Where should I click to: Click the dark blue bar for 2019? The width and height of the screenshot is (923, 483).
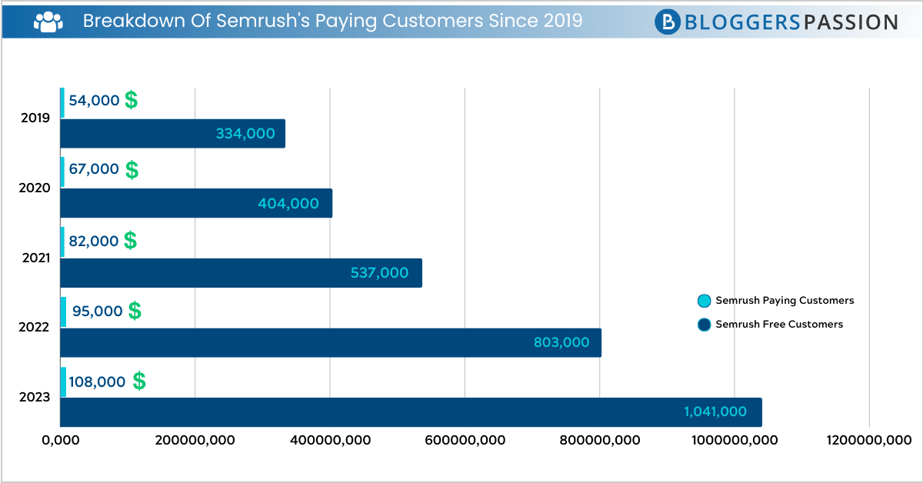(172, 134)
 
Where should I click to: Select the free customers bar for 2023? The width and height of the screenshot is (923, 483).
(411, 412)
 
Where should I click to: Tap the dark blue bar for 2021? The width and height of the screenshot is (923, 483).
(241, 273)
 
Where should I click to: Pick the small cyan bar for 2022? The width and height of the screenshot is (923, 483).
(63, 311)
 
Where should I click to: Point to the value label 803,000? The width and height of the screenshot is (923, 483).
(561, 343)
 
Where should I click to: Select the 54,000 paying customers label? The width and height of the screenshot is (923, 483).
(94, 100)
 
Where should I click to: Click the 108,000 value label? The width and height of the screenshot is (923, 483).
(97, 381)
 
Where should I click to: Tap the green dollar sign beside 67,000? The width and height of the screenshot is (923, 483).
(132, 170)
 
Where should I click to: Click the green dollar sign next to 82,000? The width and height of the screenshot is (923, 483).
(131, 241)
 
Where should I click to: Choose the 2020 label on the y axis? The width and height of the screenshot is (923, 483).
(35, 188)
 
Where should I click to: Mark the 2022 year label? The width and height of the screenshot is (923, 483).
(35, 327)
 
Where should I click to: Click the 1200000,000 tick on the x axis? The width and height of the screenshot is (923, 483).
(869, 440)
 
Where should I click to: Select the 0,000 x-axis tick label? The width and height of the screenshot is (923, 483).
(60, 440)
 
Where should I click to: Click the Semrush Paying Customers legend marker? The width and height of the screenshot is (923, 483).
(704, 301)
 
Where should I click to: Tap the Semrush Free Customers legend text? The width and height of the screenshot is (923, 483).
(779, 325)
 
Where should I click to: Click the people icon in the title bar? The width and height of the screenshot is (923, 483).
(48, 22)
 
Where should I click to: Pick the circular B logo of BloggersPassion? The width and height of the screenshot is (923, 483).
(668, 22)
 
